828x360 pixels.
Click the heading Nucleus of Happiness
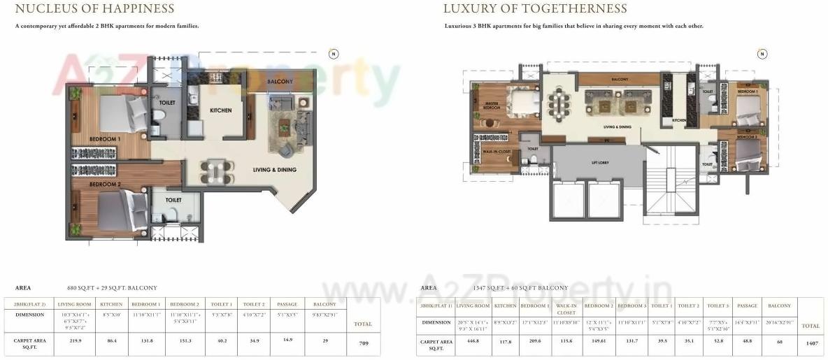click(x=94, y=9)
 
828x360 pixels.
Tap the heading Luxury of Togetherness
click(x=535, y=9)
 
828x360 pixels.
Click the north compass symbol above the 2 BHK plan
click(x=334, y=54)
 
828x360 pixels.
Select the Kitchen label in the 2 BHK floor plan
click(x=220, y=110)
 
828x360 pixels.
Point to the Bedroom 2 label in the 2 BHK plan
click(x=105, y=184)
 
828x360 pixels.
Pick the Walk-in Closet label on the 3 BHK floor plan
click(x=496, y=151)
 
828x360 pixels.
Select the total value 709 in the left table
click(x=363, y=343)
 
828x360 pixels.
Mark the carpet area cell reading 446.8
click(x=473, y=341)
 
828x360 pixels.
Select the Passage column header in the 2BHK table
click(x=287, y=304)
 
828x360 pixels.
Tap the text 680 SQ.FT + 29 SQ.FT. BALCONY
click(x=112, y=288)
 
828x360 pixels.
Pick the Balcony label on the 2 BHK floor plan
click(x=280, y=82)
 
